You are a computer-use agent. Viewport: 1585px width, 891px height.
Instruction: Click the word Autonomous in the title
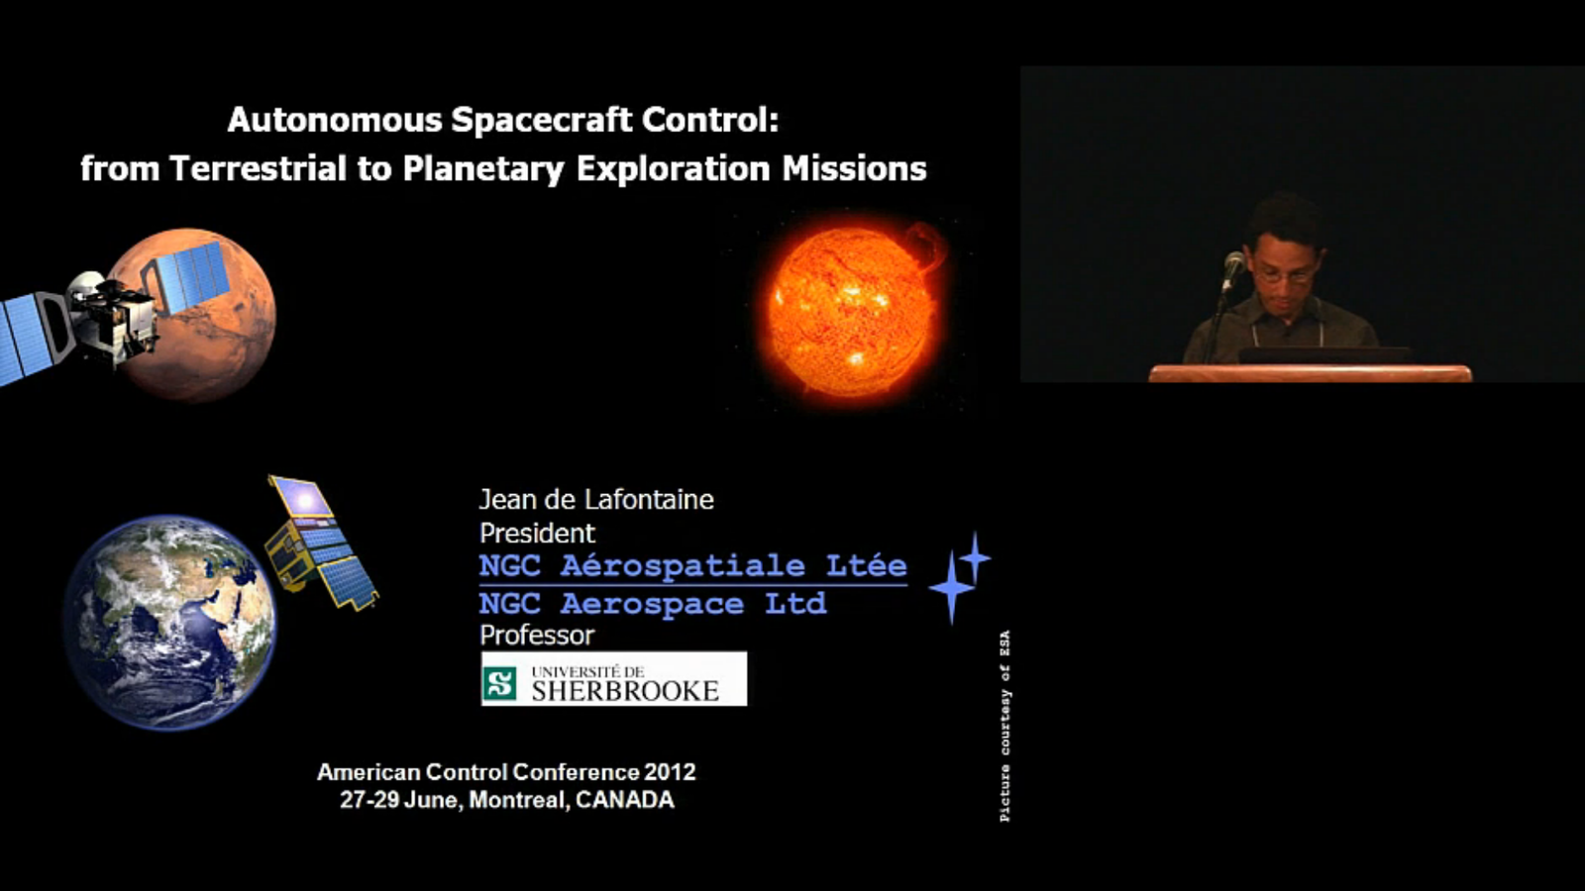click(x=336, y=120)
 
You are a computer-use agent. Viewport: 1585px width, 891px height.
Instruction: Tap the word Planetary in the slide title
click(x=484, y=169)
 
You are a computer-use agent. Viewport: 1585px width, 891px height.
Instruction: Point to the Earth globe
click(x=169, y=623)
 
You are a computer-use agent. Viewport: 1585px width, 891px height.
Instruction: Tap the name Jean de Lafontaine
click(x=596, y=500)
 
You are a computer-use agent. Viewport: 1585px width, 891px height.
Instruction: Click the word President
click(x=537, y=534)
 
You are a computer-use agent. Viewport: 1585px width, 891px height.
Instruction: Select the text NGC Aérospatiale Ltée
click(x=692, y=565)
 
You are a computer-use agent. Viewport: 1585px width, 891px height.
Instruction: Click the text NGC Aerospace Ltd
click(x=653, y=604)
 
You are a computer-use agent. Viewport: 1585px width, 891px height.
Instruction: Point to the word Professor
click(x=537, y=636)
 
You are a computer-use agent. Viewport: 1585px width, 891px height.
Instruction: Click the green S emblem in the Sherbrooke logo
click(x=499, y=683)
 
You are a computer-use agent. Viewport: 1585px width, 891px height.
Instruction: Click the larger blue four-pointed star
click(x=952, y=587)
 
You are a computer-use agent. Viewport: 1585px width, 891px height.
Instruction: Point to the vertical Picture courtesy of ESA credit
click(x=1004, y=727)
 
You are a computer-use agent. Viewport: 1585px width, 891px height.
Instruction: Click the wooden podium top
click(x=1310, y=373)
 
